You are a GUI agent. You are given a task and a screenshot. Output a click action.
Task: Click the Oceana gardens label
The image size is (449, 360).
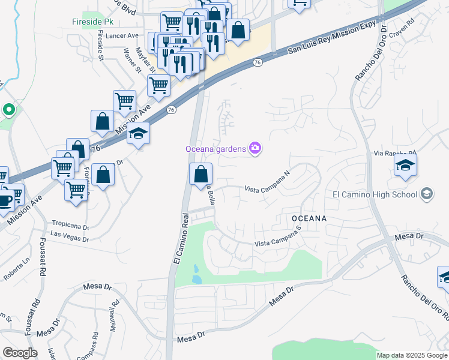[217, 148]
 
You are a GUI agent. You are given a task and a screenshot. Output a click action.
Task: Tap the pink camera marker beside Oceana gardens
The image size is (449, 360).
[256, 148]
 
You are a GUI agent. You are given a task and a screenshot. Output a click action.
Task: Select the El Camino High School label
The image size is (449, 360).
[375, 194]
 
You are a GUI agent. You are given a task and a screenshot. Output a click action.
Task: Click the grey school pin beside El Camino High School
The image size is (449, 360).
[426, 193]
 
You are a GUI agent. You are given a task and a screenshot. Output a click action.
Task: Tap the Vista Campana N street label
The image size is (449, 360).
[267, 189]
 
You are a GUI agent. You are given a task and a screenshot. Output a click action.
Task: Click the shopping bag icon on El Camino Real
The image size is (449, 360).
[200, 174]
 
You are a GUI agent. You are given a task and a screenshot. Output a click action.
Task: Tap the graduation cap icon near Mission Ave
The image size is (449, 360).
[138, 133]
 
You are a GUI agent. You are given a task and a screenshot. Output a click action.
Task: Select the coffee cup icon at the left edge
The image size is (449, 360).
[5, 199]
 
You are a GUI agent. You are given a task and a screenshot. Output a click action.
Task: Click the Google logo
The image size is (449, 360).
[20, 353]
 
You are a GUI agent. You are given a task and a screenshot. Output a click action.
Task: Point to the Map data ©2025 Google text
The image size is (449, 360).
[412, 355]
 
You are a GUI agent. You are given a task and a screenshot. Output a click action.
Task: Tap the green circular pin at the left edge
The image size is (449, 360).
[8, 110]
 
